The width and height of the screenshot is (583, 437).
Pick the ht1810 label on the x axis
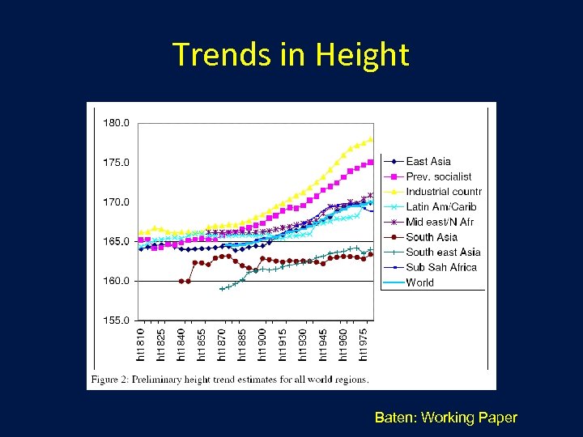pos(140,343)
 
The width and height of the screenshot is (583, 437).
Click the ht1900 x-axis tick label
pos(262,343)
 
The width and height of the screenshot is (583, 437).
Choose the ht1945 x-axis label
pos(322,343)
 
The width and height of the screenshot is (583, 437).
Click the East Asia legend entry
pos(428,161)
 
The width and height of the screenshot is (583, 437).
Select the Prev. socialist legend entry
pos(438,176)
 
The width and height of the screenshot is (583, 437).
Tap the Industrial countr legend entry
pos(443,192)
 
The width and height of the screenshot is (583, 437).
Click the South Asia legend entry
pos(432,237)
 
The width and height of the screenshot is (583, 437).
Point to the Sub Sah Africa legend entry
pos(441,267)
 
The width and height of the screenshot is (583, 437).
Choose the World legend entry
pos(419,282)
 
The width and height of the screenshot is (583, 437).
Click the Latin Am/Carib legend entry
pos(441,206)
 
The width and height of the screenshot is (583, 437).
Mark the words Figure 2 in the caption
pos(113,379)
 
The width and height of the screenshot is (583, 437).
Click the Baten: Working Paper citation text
pos(445,418)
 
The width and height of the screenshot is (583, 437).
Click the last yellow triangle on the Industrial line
pos(370,139)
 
